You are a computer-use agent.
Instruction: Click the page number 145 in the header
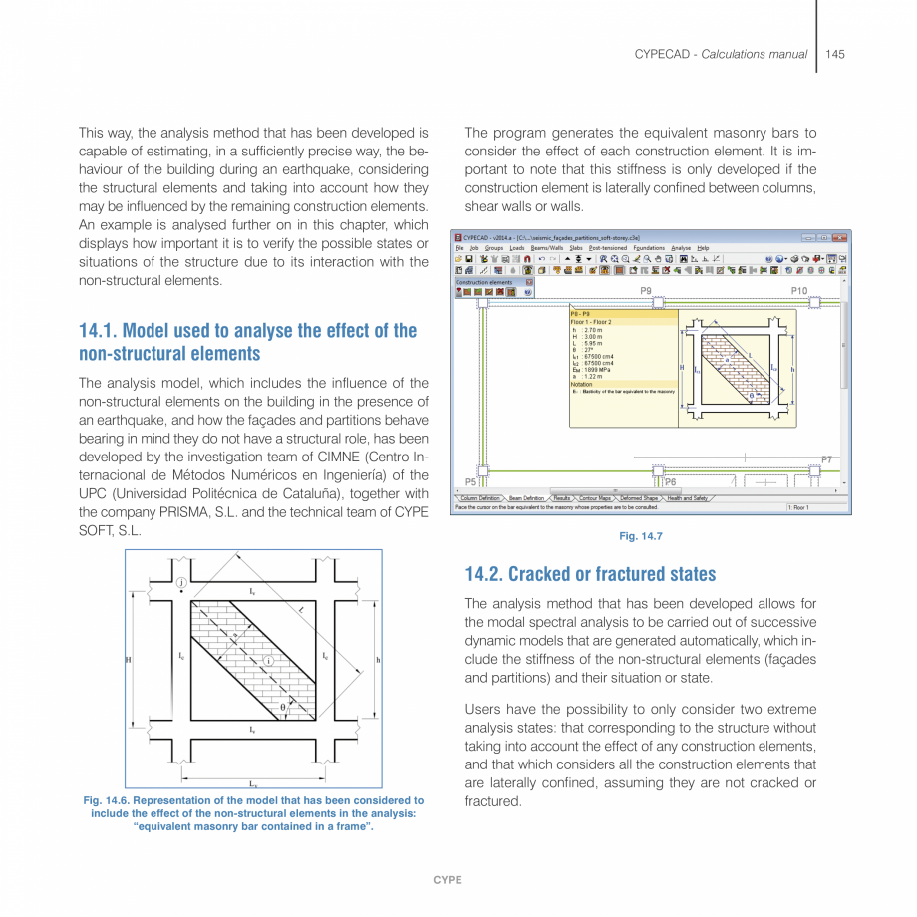coord(835,54)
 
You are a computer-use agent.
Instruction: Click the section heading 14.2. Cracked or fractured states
coord(590,574)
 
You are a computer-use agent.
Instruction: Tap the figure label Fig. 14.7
coord(640,537)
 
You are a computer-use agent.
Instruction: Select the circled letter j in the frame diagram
coord(180,582)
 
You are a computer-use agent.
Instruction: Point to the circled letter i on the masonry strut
coord(268,660)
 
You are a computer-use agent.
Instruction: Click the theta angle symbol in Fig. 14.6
coord(283,707)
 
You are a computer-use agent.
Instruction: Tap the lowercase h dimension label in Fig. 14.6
coord(378,660)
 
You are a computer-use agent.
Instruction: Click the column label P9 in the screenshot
coord(646,291)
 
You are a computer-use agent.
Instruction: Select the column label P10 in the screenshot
coord(799,291)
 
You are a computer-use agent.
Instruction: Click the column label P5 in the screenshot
coord(470,481)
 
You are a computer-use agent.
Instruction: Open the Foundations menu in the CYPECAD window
coord(648,248)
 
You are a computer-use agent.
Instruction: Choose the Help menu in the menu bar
coord(703,248)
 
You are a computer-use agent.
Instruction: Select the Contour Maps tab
coord(596,497)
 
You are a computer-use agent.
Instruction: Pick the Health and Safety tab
coord(688,497)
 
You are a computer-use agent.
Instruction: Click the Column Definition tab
coord(480,497)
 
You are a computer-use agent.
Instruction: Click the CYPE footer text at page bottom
coord(446,880)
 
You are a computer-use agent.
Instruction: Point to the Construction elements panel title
coord(484,282)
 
